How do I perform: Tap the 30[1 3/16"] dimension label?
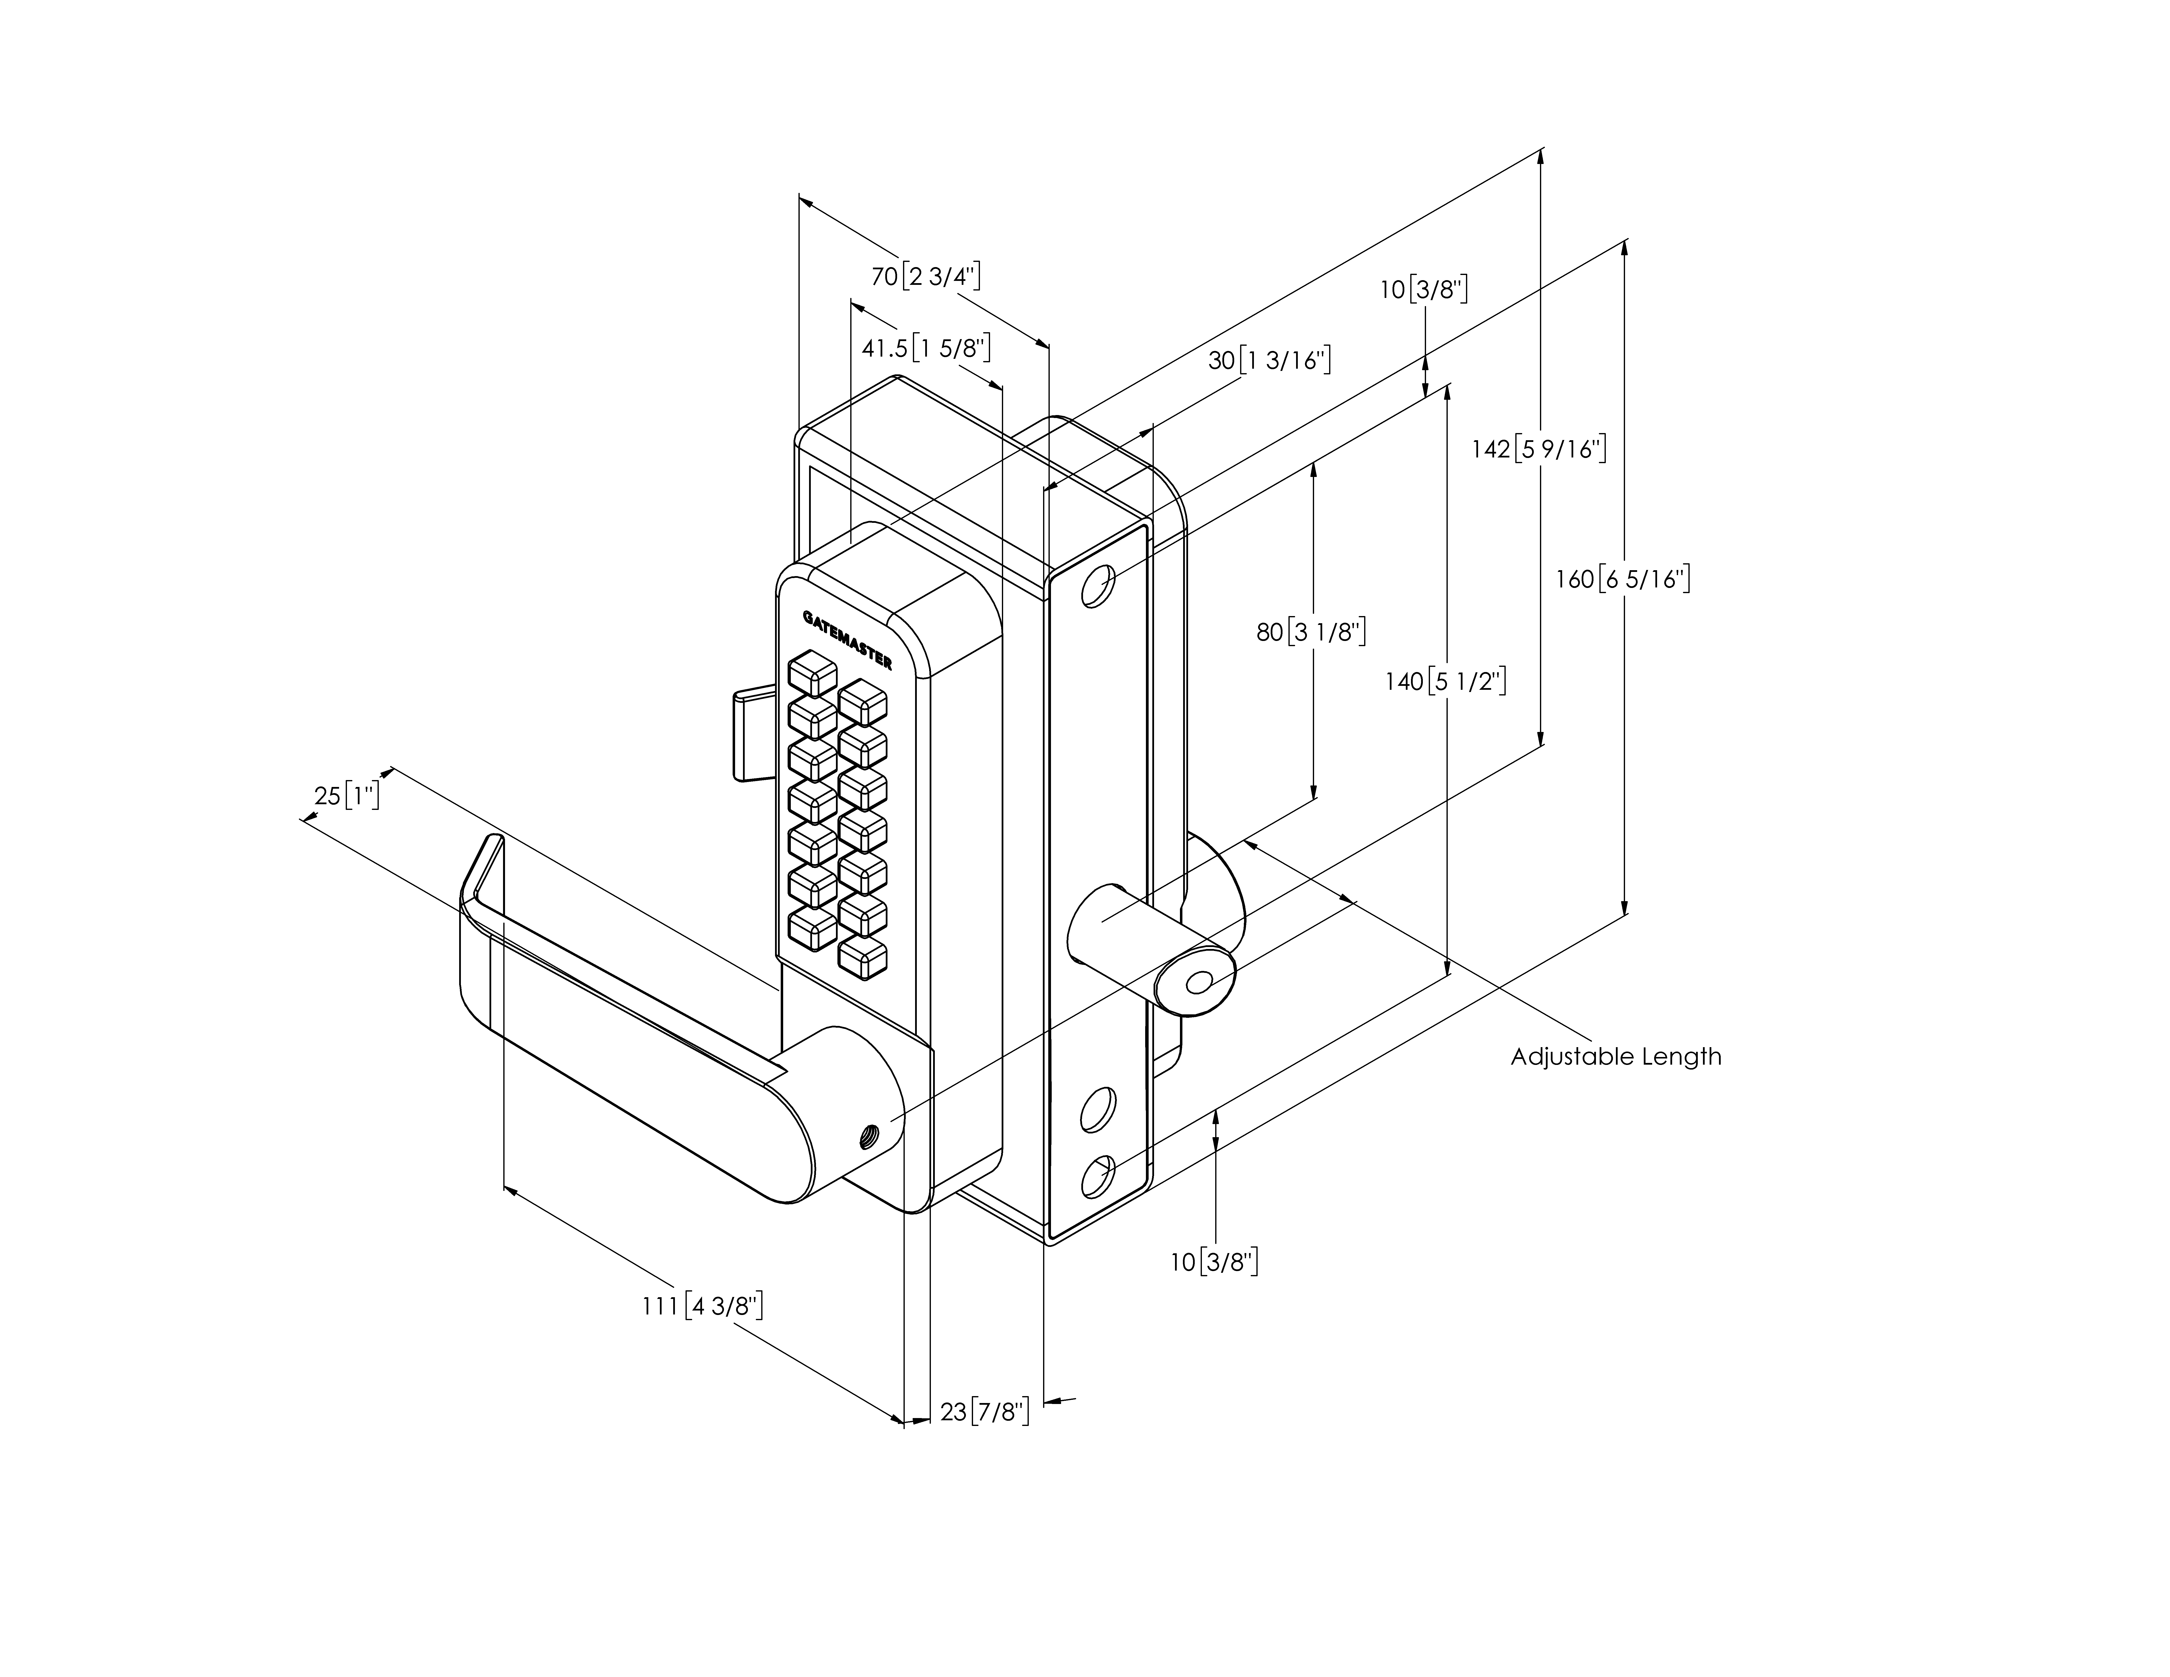pyautogui.click(x=1269, y=360)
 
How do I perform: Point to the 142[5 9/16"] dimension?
pyautogui.click(x=1539, y=449)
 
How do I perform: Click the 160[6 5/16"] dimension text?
pyautogui.click(x=1623, y=578)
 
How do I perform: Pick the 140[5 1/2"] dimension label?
pyautogui.click(x=1446, y=682)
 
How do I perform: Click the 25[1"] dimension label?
pyautogui.click(x=347, y=796)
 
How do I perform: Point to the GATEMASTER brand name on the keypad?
pyautogui.click(x=847, y=641)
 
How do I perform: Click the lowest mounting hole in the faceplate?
pyautogui.click(x=1097, y=1177)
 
